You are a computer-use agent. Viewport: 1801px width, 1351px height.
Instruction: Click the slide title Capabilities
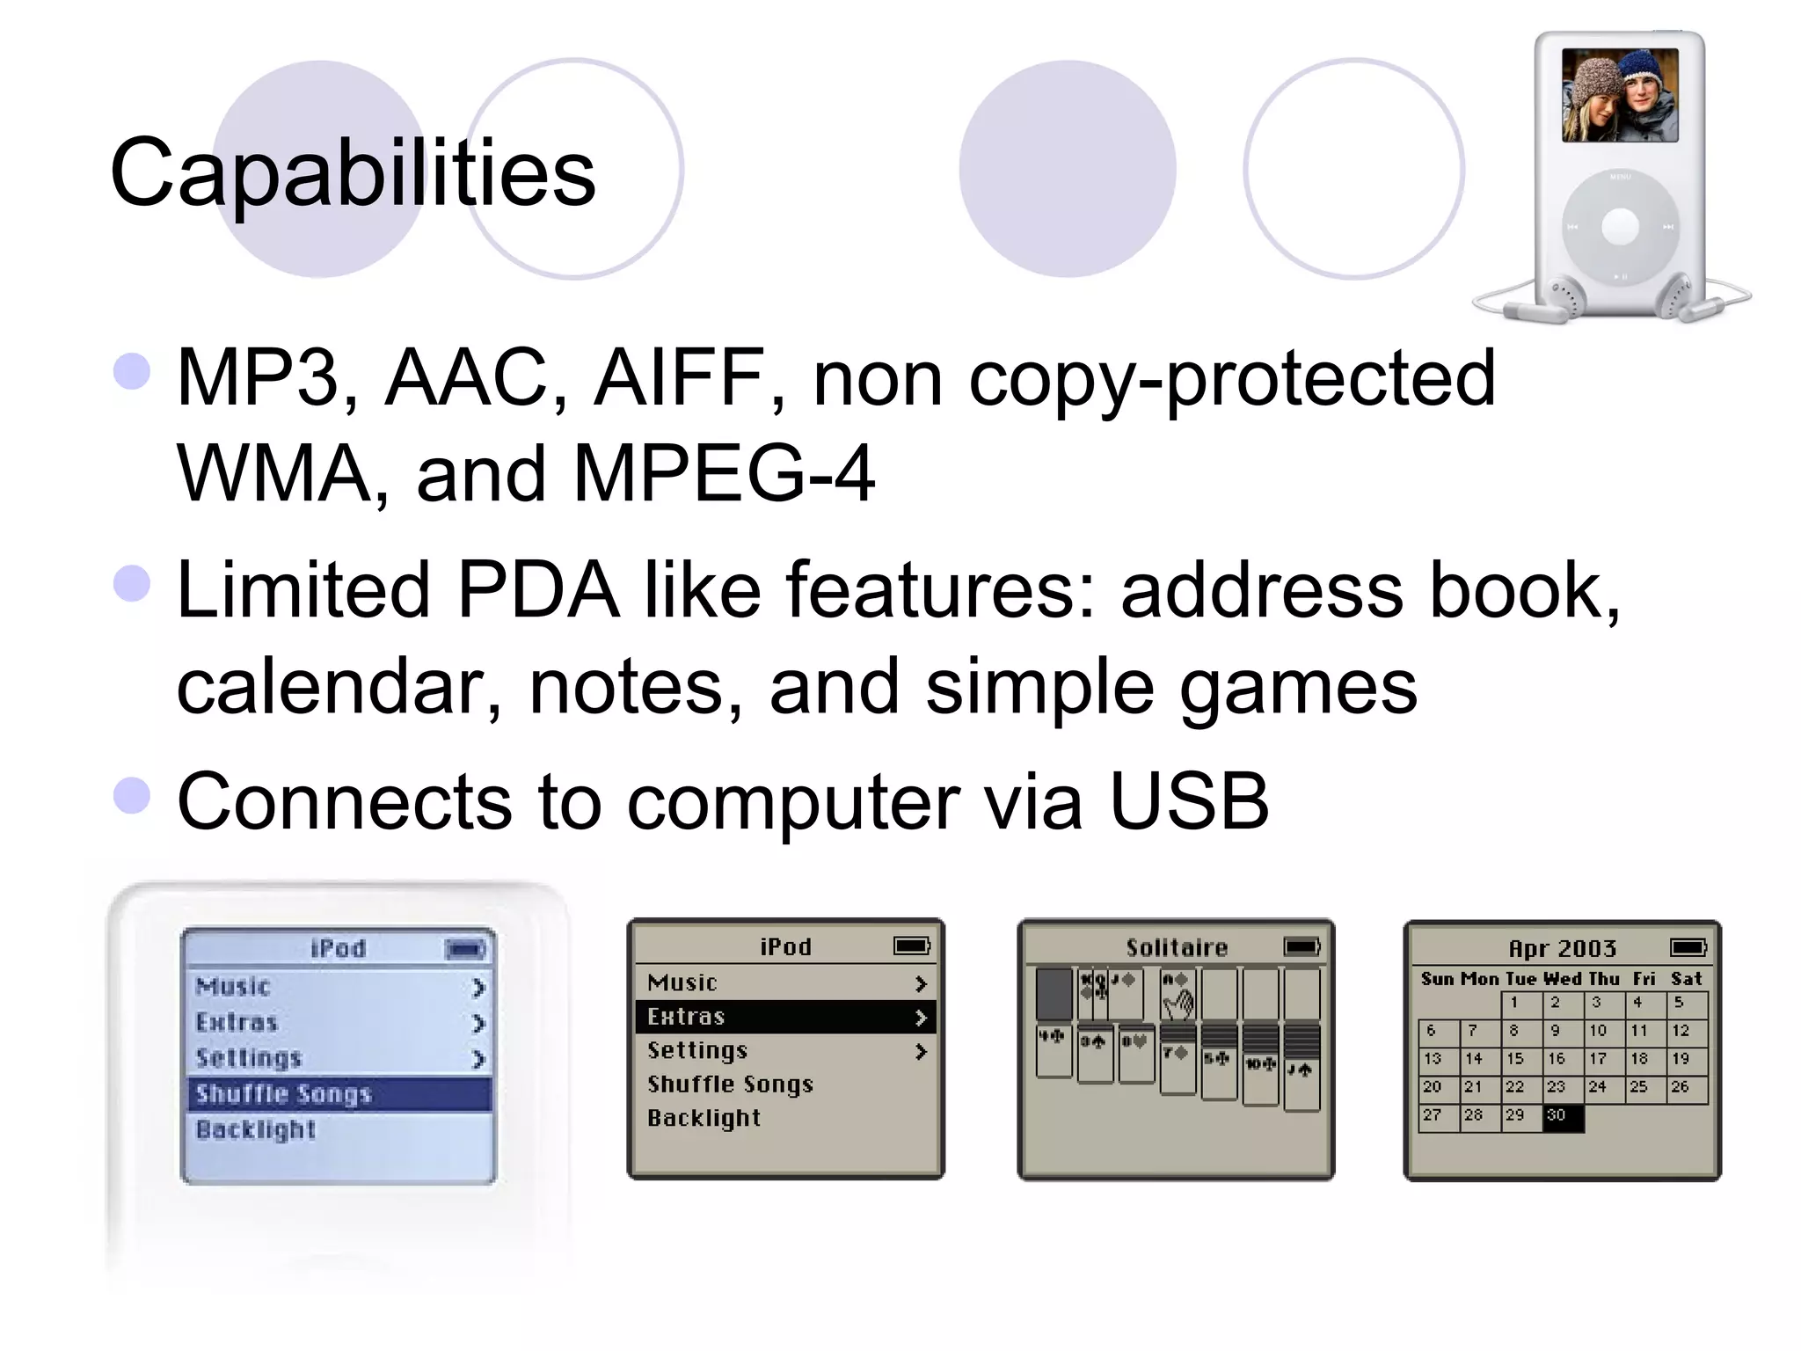point(353,172)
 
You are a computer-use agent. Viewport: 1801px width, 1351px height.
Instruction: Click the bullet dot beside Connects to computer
point(132,795)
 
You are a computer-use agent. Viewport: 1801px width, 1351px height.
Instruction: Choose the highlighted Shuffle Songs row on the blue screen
point(339,1094)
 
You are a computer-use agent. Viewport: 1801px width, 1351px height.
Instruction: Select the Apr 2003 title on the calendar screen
point(1563,948)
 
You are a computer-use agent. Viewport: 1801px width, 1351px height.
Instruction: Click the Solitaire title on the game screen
point(1177,947)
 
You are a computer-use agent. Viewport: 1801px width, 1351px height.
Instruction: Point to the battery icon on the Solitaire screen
point(1302,946)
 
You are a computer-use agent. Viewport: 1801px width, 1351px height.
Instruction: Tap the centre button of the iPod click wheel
point(1620,227)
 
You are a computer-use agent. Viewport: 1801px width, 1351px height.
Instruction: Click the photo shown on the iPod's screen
point(1620,95)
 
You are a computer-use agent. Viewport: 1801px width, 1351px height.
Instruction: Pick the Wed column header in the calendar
point(1562,979)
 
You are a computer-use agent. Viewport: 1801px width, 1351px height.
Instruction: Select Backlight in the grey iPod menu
point(704,1118)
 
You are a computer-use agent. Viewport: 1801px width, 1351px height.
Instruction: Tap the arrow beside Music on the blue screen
point(478,988)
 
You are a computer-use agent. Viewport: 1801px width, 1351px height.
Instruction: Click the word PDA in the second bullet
point(537,589)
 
